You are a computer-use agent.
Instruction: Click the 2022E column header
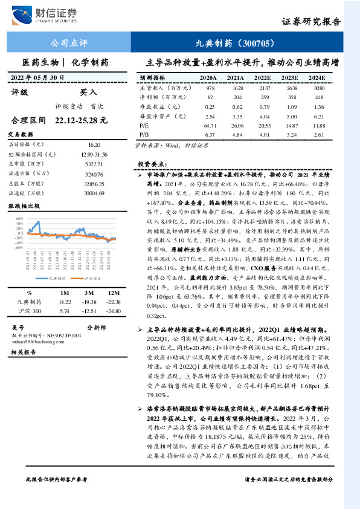pos(262,78)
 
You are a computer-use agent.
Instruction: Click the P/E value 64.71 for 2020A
pos(210,125)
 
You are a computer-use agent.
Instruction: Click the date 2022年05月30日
pos(37,78)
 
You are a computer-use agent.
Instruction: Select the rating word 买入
pos(88,92)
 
